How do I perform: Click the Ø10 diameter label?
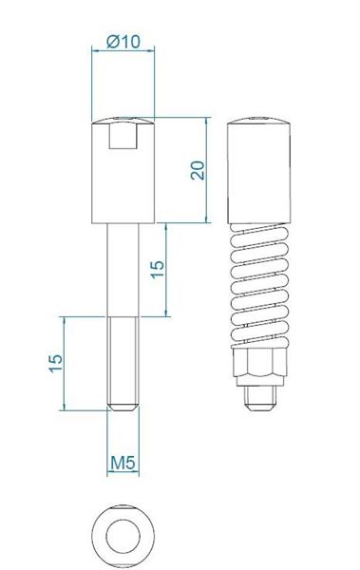[123, 42]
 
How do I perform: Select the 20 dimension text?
[198, 170]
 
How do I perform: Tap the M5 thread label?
[123, 463]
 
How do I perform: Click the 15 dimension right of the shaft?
[158, 270]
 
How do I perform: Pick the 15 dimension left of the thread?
[56, 363]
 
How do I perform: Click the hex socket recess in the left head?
[123, 135]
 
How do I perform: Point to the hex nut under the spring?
[259, 362]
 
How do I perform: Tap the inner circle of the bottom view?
[123, 537]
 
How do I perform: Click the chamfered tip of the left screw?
[123, 408]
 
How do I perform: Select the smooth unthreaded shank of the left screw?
[123, 270]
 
